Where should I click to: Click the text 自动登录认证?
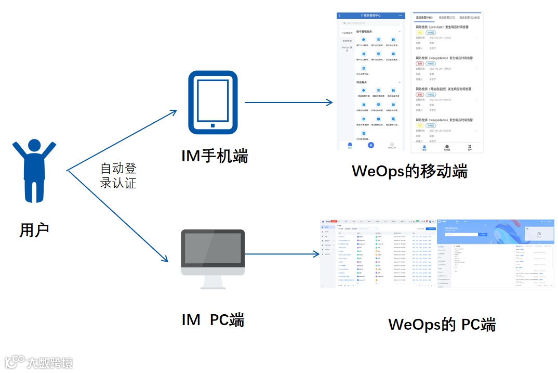click(x=118, y=176)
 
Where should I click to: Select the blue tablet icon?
click(x=212, y=102)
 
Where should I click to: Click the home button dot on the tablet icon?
click(x=212, y=125)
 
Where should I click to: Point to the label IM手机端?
click(x=215, y=156)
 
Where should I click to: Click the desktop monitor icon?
click(x=212, y=259)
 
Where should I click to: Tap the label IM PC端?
click(x=213, y=320)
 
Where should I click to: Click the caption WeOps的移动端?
click(x=409, y=171)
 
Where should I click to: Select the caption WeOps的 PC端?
click(x=442, y=325)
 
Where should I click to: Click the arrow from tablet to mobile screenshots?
click(x=288, y=102)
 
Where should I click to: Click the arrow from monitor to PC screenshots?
click(x=282, y=254)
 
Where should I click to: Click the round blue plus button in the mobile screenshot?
click(x=371, y=145)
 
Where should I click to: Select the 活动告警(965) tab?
click(x=424, y=17)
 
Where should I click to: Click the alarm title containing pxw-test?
click(x=442, y=27)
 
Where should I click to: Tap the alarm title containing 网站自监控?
click(x=443, y=89)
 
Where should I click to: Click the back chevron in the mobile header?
click(x=340, y=16)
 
